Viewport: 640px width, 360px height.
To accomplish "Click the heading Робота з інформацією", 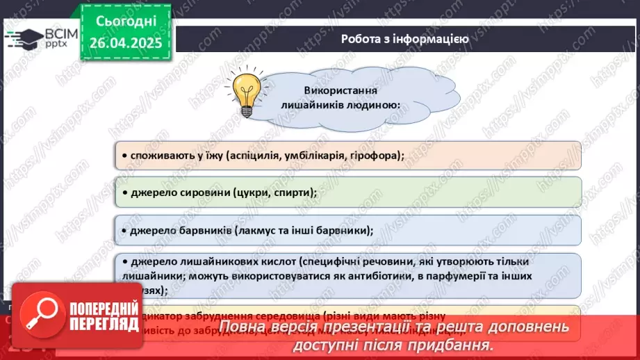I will click(x=404, y=39).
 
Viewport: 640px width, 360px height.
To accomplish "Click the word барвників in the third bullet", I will click(x=202, y=230).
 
